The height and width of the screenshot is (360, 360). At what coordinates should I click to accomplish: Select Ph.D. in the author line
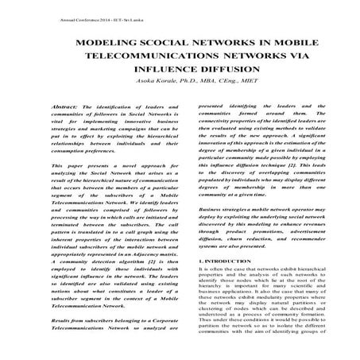click(180, 83)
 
